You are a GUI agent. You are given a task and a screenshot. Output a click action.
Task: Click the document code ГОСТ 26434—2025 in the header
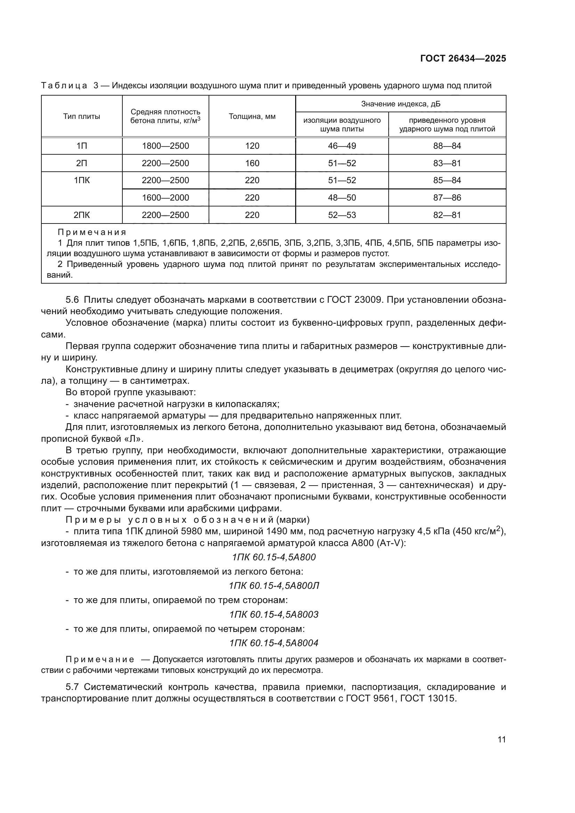click(x=463, y=59)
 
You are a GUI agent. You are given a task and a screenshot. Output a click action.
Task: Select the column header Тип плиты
click(x=81, y=116)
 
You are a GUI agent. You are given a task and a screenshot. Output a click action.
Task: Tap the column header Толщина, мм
click(x=252, y=116)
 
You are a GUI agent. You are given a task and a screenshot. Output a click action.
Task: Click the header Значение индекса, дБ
click(x=400, y=104)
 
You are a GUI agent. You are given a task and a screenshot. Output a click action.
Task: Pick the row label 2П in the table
click(x=81, y=163)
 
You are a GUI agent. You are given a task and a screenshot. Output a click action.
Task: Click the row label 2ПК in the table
click(x=81, y=215)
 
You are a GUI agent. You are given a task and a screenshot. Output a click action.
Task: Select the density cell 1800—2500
click(x=165, y=146)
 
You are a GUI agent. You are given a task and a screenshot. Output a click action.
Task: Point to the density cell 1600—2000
click(x=165, y=197)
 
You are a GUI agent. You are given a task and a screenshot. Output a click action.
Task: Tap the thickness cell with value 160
click(x=252, y=163)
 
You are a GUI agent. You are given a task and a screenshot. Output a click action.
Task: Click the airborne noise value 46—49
click(x=342, y=146)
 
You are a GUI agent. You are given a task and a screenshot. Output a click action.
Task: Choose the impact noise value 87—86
click(x=447, y=197)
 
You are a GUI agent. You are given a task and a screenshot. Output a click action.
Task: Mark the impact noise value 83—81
click(x=447, y=163)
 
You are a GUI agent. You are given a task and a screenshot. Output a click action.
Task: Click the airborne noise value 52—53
click(x=342, y=215)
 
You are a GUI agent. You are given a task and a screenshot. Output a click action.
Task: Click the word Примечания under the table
click(x=92, y=233)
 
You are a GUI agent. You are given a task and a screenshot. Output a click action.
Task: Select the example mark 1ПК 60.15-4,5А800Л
click(x=274, y=586)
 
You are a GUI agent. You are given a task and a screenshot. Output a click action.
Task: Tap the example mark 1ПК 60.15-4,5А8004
click(x=274, y=643)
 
